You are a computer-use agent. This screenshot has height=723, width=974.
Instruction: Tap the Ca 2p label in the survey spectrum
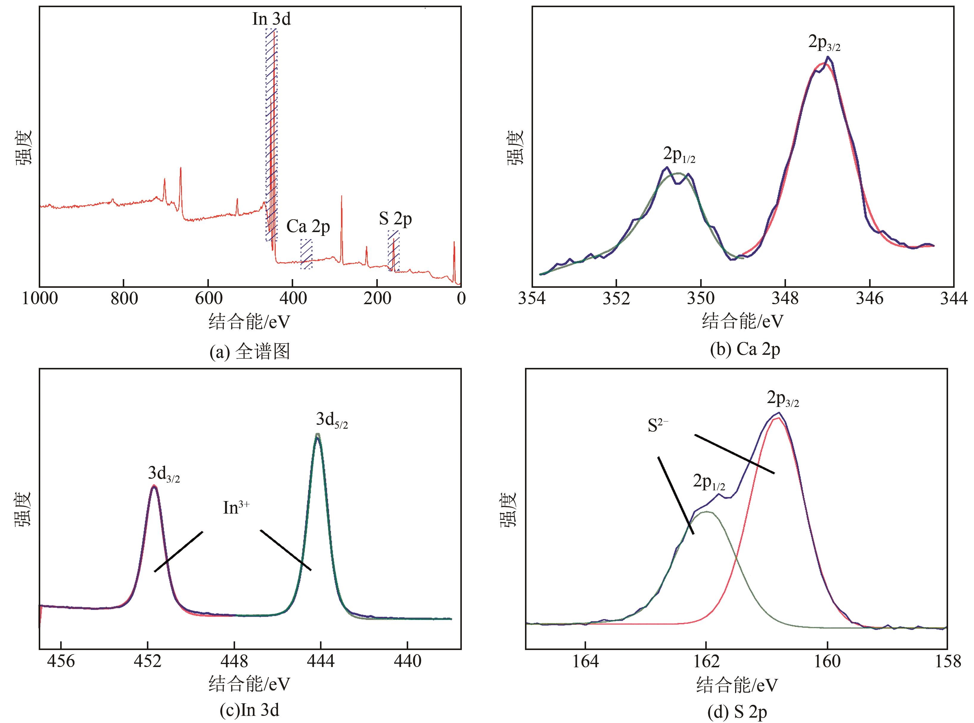click(x=308, y=227)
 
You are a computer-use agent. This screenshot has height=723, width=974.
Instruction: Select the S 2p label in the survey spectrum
click(x=395, y=219)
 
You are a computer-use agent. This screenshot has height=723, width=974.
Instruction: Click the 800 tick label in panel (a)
click(x=124, y=298)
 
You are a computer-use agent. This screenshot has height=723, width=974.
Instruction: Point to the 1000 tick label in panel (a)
click(x=40, y=298)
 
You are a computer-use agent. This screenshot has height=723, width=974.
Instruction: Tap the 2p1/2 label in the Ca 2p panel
click(x=679, y=155)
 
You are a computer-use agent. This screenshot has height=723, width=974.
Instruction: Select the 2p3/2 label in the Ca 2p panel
click(x=824, y=43)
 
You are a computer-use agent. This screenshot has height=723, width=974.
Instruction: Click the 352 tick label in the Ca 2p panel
click(x=616, y=298)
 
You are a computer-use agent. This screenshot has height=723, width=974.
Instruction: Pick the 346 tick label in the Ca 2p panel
click(x=869, y=298)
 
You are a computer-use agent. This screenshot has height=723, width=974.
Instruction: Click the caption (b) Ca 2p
click(x=745, y=349)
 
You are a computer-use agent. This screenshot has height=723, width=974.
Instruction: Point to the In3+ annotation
click(x=236, y=508)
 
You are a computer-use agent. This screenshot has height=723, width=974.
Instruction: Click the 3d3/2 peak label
click(x=164, y=474)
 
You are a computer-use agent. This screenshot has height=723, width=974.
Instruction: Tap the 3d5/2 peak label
click(x=332, y=420)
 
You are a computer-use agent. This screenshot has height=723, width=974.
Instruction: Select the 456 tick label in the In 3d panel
click(x=61, y=661)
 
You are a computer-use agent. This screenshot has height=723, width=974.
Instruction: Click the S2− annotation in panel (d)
click(x=658, y=426)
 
